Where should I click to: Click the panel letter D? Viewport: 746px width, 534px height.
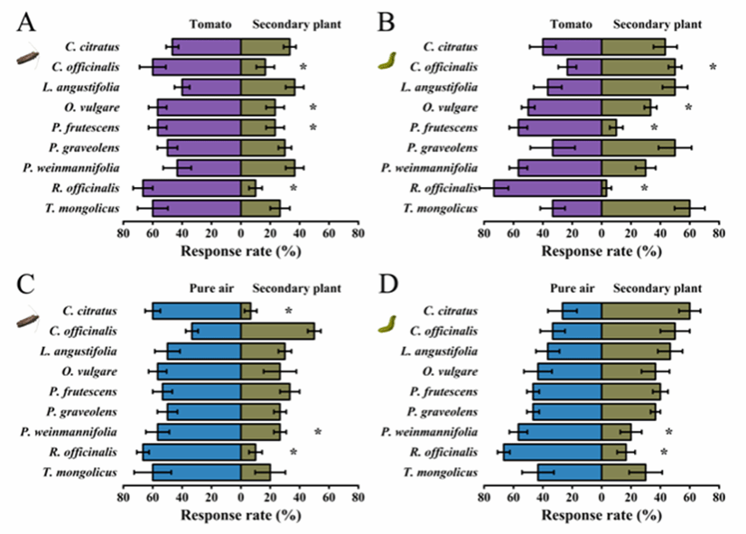pyautogui.click(x=390, y=287)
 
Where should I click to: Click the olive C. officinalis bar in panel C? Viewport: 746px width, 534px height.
pyautogui.click(x=277, y=330)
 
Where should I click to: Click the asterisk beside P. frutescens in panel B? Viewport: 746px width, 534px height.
pyautogui.click(x=655, y=127)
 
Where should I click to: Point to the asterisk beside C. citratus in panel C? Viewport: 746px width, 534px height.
pyautogui.click(x=289, y=311)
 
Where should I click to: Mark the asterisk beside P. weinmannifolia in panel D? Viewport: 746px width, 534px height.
pyautogui.click(x=669, y=432)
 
